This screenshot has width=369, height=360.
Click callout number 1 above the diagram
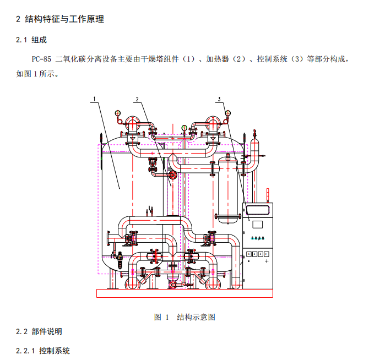[x=95, y=99]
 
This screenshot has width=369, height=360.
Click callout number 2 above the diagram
[x=137, y=99]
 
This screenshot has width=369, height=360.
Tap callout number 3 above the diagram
[x=219, y=99]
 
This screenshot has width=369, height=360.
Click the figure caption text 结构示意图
[x=196, y=317]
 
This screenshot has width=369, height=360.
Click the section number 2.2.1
[x=25, y=351]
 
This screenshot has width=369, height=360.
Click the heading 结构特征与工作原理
[x=64, y=19]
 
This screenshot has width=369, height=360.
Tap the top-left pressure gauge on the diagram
[x=117, y=114]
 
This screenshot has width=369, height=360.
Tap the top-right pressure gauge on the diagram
[x=227, y=114]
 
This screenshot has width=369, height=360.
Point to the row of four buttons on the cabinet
[x=257, y=254]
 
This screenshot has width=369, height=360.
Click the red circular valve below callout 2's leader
[x=172, y=175]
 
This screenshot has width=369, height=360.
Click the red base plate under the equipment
[x=185, y=293]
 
